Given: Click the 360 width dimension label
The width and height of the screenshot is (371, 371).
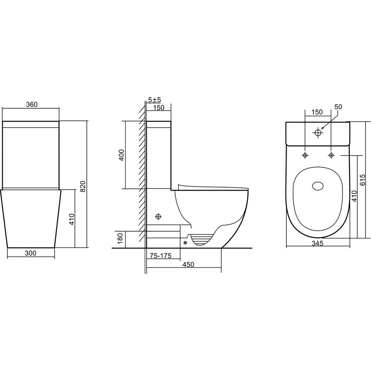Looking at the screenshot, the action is (x=32, y=104).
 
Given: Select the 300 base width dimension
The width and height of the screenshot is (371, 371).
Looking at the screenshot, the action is (x=30, y=253).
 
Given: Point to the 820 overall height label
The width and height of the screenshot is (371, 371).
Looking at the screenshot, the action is (x=83, y=186).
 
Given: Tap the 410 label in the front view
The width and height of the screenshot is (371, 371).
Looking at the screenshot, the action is (x=72, y=219).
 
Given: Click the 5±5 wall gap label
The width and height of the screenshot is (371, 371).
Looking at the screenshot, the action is (x=154, y=99).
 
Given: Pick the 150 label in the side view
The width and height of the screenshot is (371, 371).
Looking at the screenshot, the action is (x=158, y=108).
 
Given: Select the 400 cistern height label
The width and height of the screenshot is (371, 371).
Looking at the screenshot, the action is (x=121, y=155).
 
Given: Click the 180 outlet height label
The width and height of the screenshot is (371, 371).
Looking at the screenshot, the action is (x=121, y=239).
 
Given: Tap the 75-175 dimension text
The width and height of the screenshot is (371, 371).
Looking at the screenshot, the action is (x=160, y=256).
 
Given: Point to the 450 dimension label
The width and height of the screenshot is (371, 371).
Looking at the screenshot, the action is (x=188, y=264).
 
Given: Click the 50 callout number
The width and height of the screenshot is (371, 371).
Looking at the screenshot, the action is (x=338, y=107).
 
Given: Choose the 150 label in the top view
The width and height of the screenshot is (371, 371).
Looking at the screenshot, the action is (x=317, y=112).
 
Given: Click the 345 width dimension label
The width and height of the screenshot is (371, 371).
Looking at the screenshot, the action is (x=317, y=243).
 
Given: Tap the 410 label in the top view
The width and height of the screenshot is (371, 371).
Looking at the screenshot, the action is (x=354, y=196).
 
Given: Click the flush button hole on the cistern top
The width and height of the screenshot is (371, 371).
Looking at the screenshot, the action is (x=318, y=133).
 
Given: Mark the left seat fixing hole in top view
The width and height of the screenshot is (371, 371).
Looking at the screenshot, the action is (x=305, y=155).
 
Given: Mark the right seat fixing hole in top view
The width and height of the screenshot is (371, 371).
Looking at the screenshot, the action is (x=331, y=155).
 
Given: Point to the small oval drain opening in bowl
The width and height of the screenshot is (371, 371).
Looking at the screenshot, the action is (x=318, y=186).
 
